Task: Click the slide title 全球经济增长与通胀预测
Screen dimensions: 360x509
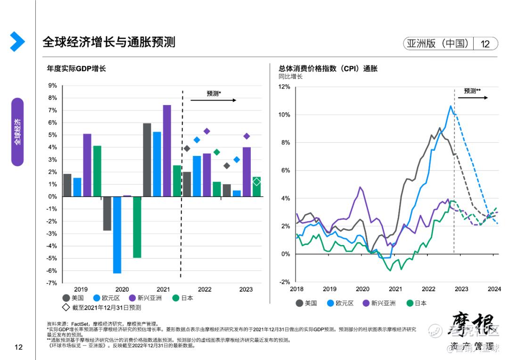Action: pyautogui.click(x=109, y=42)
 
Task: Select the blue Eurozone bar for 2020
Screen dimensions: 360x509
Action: pyautogui.click(x=117, y=235)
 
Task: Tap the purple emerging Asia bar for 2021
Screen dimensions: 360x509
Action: pyautogui.click(x=167, y=150)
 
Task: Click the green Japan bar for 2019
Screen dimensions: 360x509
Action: pyautogui.click(x=97, y=171)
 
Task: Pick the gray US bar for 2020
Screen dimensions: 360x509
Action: pyautogui.click(x=107, y=213)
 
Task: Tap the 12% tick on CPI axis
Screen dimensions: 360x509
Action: pyautogui.click(x=284, y=87)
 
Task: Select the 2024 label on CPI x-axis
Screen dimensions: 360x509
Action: pyautogui.click(x=494, y=289)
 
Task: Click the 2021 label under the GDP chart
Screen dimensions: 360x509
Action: pyautogui.click(x=163, y=289)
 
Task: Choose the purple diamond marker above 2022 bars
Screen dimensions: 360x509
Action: pyautogui.click(x=206, y=131)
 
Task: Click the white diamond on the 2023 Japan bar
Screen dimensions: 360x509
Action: pyautogui.click(x=256, y=182)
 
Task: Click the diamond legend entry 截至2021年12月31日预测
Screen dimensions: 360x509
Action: pyautogui.click(x=102, y=308)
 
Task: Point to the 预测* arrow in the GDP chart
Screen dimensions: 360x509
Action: pyautogui.click(x=213, y=100)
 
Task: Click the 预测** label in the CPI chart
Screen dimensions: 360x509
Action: pyautogui.click(x=472, y=91)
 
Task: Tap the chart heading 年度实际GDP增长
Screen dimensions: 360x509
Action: pyautogui.click(x=76, y=69)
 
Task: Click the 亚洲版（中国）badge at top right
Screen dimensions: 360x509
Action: pyautogui.click(x=438, y=44)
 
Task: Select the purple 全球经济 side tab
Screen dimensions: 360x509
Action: pyautogui.click(x=17, y=132)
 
